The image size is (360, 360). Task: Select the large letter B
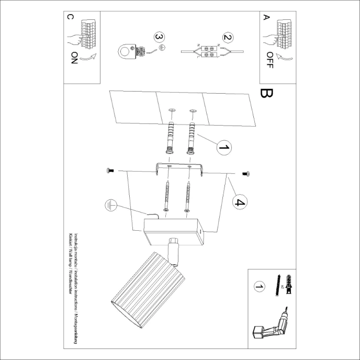(266, 94)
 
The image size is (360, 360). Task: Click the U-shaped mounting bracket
(179, 168)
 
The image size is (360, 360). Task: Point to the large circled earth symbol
(109, 205)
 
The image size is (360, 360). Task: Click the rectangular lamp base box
(173, 232)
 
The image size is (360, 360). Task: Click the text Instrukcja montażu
(76, 248)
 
